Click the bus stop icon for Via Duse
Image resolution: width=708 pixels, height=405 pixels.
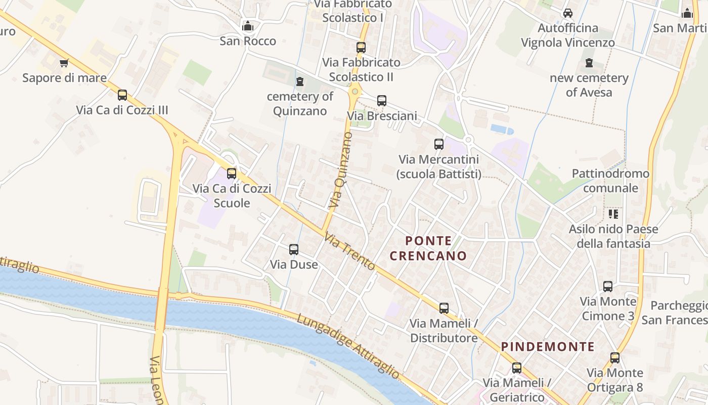[x=294, y=249]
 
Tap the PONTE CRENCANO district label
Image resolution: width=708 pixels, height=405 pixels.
[x=428, y=248]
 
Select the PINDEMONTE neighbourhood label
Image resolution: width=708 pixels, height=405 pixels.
[x=548, y=347]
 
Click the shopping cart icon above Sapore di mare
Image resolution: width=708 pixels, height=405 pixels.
[x=64, y=63]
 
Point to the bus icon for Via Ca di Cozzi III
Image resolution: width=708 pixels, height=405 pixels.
[x=122, y=95]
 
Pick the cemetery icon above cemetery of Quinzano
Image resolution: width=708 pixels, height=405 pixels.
[x=300, y=81]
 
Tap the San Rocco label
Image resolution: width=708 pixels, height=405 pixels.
[x=248, y=41]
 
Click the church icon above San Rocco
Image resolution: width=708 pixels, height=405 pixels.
[x=248, y=25]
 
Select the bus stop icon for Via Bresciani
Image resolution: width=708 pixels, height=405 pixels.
[x=382, y=100]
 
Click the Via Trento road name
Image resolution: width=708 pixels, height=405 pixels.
[x=349, y=251]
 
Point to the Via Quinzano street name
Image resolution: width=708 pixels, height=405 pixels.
[x=340, y=170]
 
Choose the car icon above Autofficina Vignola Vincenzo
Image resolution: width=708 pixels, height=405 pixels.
[x=568, y=13]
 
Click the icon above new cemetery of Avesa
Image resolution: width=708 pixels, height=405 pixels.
[x=589, y=63]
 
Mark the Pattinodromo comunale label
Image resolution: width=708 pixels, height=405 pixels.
[x=610, y=181]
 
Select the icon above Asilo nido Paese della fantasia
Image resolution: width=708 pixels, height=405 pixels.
[x=613, y=214]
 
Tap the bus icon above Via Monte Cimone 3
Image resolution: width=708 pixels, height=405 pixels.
[x=608, y=287]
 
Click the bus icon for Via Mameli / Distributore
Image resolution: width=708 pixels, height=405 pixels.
[x=444, y=308]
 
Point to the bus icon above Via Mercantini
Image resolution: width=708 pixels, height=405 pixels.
[x=438, y=144]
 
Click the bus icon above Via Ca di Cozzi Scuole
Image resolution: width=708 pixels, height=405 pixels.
[x=232, y=173]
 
